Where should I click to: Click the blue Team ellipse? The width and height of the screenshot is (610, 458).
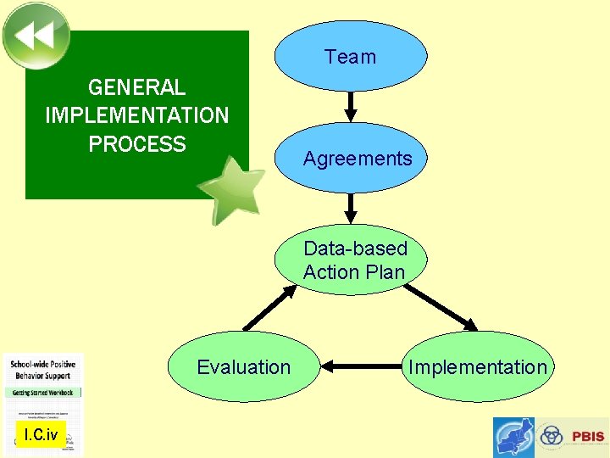point(351,56)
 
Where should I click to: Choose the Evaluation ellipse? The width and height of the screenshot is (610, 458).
point(244,367)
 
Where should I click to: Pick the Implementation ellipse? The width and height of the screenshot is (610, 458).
point(477,367)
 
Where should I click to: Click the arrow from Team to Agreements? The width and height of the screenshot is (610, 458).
point(352,107)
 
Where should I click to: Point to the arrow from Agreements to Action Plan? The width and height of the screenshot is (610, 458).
point(352,209)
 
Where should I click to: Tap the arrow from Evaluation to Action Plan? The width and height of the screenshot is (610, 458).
point(269,308)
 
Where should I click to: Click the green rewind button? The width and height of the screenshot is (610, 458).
point(36,35)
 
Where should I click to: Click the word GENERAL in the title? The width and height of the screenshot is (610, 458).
point(136,87)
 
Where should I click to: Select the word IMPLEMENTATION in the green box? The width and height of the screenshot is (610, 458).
point(136,115)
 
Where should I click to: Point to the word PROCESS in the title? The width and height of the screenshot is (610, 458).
point(136,144)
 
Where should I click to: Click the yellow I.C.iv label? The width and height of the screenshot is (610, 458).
point(40,436)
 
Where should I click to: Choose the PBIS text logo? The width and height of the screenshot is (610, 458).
point(587,437)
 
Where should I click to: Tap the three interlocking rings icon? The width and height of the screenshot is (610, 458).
point(552,436)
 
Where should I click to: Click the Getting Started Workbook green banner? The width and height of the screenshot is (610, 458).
point(43,393)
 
